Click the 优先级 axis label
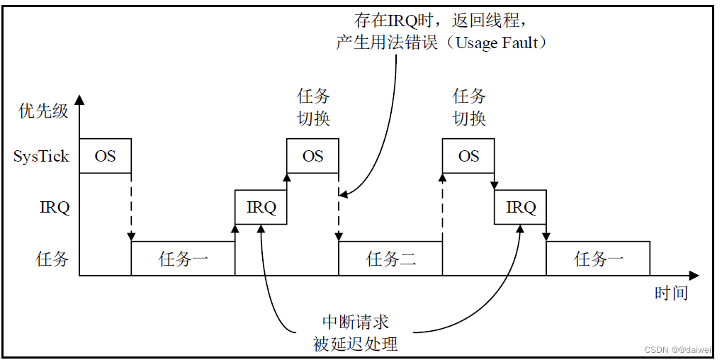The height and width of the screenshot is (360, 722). click(43, 111)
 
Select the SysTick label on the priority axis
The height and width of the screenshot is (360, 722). click(41, 157)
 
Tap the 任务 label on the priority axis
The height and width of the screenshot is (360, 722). click(52, 259)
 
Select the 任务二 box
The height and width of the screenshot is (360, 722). click(390, 259)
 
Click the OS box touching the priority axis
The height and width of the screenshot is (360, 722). click(105, 156)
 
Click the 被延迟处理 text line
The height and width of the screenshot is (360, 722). click(356, 344)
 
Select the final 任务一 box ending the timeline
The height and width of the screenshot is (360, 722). click(598, 259)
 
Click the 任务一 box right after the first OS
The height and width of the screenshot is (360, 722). click(183, 259)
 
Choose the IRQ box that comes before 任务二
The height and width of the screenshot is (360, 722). click(261, 208)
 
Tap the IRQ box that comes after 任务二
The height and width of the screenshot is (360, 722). click(521, 208)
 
